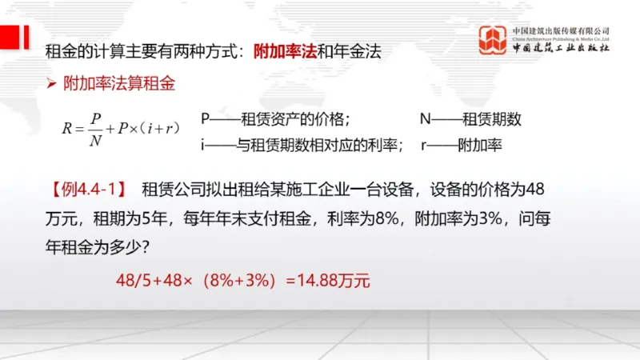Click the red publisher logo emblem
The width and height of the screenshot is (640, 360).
coord(494,39)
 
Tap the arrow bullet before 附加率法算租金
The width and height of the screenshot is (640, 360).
coord(50,82)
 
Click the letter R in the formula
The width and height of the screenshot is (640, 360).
coord(67,128)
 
